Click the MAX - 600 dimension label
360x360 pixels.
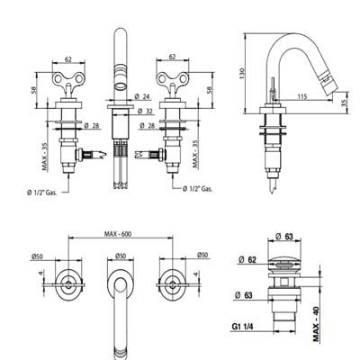pos(118,234)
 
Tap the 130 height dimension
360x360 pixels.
pos(242,74)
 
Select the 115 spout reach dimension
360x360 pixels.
pos(302,96)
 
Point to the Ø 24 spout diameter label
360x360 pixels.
pos(142,96)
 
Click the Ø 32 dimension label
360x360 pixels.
pos(145,112)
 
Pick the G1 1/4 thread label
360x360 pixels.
pos(242,327)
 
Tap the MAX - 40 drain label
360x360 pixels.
pos(317,324)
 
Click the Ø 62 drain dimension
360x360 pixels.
pos(247,260)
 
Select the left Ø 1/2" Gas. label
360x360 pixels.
pos(41,193)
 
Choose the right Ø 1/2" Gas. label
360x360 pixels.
pos(198,189)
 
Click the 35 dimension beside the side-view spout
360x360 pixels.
pos(344,103)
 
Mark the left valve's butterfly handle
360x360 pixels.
pos(68,78)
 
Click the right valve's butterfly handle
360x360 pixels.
pos(172,78)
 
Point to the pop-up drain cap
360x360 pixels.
pos(284,261)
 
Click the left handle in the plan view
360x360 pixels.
pos(68,284)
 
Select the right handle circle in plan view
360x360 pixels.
pos(172,284)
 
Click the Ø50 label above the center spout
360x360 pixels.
pos(121,256)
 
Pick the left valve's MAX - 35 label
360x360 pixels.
pos(45,157)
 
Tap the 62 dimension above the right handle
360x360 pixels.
pos(172,57)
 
